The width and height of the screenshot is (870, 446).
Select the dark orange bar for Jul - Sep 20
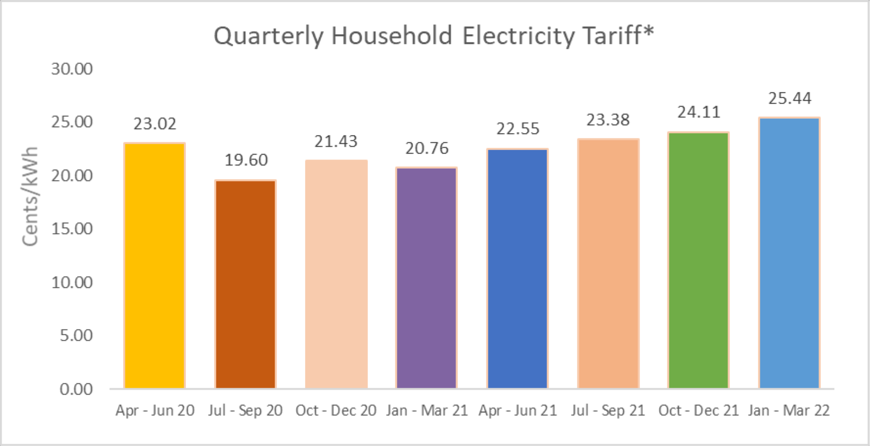click(245, 284)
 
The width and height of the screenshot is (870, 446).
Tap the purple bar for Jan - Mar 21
click(426, 278)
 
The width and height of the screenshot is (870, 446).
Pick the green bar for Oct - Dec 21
click(698, 260)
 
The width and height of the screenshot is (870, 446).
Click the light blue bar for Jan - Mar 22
click(789, 253)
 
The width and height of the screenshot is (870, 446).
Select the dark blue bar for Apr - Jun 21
click(517, 269)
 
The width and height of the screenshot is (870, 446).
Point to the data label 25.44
click(790, 98)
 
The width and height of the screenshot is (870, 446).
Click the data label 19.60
click(246, 160)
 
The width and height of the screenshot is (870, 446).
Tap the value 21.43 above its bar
click(336, 141)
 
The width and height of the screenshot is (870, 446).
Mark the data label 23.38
click(608, 120)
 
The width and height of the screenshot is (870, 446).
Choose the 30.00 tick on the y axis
click(72, 69)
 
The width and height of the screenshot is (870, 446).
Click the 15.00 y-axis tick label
click(72, 229)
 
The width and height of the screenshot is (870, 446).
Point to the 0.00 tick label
click(76, 389)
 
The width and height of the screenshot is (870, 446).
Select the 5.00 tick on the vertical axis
click(76, 336)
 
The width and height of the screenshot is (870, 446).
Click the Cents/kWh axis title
click(30, 196)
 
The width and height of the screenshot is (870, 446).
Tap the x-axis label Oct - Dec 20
click(335, 410)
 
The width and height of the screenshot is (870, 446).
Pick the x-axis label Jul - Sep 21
click(608, 410)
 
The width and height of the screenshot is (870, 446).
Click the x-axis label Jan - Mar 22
click(789, 410)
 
